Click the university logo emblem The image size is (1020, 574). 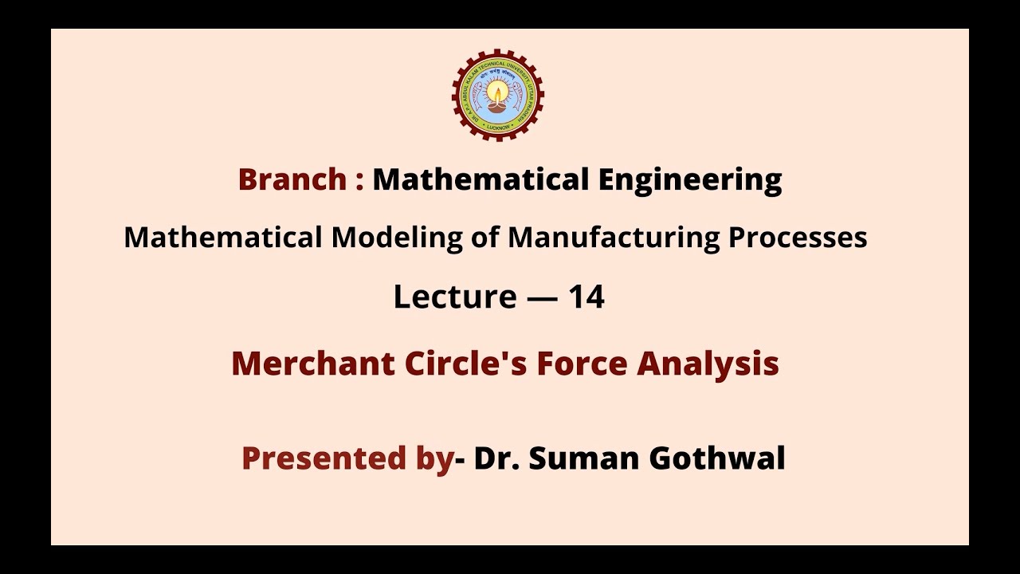pyautogui.click(x=498, y=95)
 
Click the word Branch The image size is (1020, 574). pyautogui.click(x=292, y=179)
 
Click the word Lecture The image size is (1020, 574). pyautogui.click(x=455, y=297)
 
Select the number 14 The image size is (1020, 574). pyautogui.click(x=586, y=297)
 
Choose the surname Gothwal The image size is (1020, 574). pyautogui.click(x=717, y=458)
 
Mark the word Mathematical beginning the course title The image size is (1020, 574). pyautogui.click(x=223, y=238)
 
